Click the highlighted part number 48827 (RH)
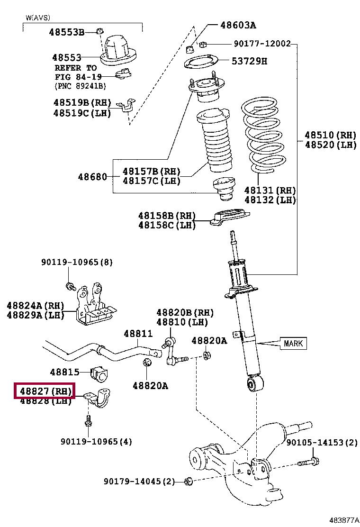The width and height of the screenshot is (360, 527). (45, 391)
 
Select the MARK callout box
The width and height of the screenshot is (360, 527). (293, 343)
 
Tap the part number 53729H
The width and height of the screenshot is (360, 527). (250, 61)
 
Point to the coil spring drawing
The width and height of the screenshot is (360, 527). (263, 135)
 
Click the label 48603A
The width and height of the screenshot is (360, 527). (238, 25)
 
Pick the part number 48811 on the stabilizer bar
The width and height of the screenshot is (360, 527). (138, 334)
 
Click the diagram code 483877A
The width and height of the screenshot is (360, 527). (343, 520)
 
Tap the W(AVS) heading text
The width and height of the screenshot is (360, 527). (37, 18)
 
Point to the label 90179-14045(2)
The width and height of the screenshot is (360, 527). (139, 482)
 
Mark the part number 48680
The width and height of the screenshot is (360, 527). (92, 176)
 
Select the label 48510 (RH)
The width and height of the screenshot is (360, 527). (331, 135)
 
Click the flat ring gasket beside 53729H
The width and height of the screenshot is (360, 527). (201, 62)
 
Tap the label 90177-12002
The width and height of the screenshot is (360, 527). (262, 44)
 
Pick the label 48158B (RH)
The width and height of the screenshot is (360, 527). (167, 215)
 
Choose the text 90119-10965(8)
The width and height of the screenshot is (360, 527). (77, 262)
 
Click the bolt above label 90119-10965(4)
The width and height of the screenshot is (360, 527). (88, 421)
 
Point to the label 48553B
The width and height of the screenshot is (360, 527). (66, 32)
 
